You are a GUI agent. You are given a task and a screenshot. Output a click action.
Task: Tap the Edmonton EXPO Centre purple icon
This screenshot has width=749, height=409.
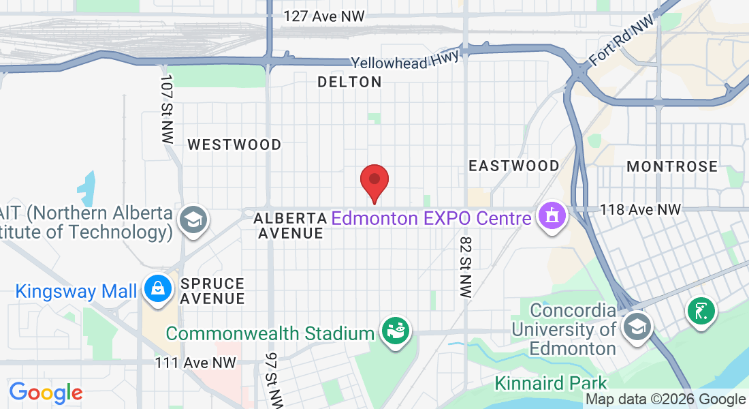click(552, 216)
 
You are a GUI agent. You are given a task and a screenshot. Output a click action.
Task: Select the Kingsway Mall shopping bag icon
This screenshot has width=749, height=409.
click(157, 289)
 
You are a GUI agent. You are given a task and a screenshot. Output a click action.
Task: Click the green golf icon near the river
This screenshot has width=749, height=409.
click(701, 311)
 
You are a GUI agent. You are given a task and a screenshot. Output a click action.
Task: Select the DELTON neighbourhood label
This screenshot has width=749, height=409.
click(349, 82)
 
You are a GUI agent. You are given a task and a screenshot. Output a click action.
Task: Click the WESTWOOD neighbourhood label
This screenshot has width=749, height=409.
click(234, 145)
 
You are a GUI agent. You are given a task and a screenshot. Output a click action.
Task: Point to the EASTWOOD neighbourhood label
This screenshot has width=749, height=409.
click(514, 166)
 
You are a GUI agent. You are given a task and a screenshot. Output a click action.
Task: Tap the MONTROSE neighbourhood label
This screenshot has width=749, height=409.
click(672, 166)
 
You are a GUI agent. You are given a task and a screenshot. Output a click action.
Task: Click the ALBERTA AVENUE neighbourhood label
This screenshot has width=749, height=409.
click(290, 226)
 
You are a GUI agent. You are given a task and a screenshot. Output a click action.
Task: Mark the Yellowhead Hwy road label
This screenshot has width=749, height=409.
click(406, 61)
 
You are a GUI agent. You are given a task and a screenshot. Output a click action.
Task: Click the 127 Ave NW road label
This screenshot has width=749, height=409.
click(324, 16)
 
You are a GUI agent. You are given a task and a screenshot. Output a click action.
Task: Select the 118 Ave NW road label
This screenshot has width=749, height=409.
click(640, 210)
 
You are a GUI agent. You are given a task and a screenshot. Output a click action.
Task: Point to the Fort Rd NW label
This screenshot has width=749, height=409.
click(621, 42)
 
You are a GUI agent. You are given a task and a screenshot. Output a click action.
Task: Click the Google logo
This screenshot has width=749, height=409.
click(46, 393)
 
